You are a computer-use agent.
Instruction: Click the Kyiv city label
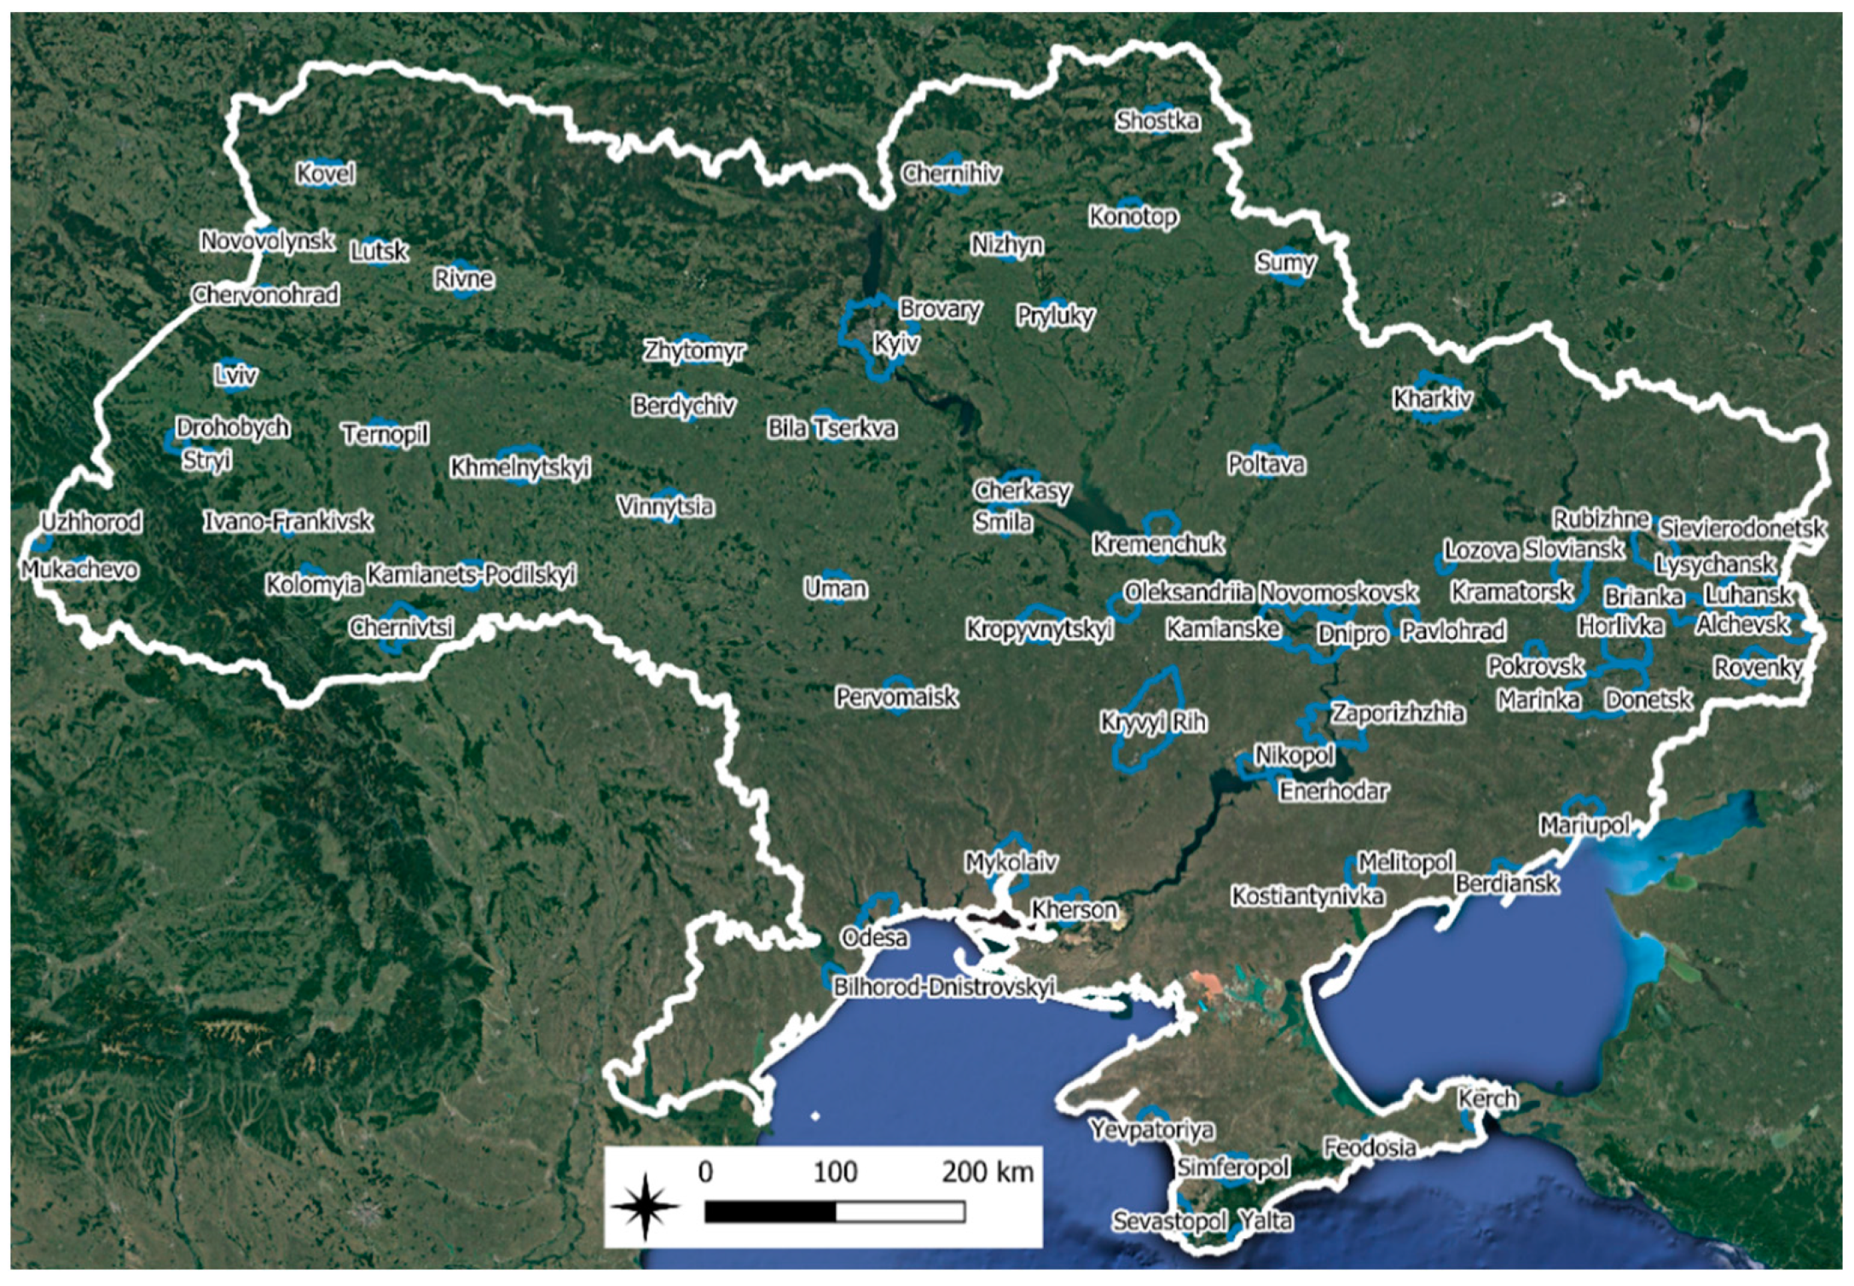pyautogui.click(x=896, y=344)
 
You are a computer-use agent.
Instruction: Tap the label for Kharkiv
pyautogui.click(x=1432, y=398)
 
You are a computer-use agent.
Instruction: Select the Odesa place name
pyautogui.click(x=874, y=938)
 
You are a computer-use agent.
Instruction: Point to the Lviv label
pyautogui.click(x=235, y=375)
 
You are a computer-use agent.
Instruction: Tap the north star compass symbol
pyautogui.click(x=646, y=1206)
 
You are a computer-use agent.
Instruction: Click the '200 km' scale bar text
pyautogui.click(x=988, y=1173)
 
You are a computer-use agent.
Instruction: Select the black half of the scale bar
pyautogui.click(x=770, y=1212)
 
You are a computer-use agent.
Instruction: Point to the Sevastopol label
pyautogui.click(x=1169, y=1221)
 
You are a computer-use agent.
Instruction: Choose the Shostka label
pyautogui.click(x=1157, y=121)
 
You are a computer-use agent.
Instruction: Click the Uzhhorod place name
pyautogui.click(x=91, y=522)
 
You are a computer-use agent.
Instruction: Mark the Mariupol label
pyautogui.click(x=1585, y=825)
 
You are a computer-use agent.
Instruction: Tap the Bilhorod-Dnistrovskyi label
pyautogui.click(x=944, y=987)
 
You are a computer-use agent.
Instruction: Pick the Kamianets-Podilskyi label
pyautogui.click(x=472, y=575)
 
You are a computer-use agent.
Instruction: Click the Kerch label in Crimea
pyautogui.click(x=1487, y=1098)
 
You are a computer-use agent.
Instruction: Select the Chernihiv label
pyautogui.click(x=951, y=174)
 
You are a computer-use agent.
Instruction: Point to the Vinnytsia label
pyautogui.click(x=665, y=507)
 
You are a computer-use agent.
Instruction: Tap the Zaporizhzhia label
pyautogui.click(x=1398, y=713)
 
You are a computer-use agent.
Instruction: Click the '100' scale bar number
pyautogui.click(x=835, y=1173)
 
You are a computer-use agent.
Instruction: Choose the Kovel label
pyautogui.click(x=326, y=174)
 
